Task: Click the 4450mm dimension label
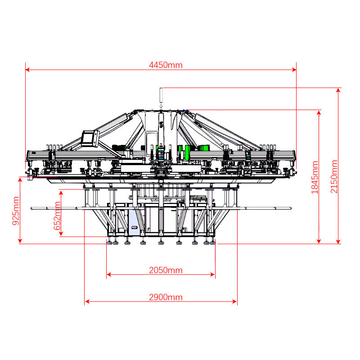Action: (166, 65)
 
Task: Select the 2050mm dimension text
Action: (166, 270)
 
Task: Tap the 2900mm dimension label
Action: (166, 297)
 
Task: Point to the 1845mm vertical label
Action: (315, 177)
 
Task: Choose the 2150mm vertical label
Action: (334, 176)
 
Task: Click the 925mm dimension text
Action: (16, 211)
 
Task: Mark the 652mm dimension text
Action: (57, 216)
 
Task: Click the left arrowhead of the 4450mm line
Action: (27, 70)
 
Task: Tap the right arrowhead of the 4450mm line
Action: (294, 70)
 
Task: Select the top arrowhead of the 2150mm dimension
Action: (338, 90)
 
